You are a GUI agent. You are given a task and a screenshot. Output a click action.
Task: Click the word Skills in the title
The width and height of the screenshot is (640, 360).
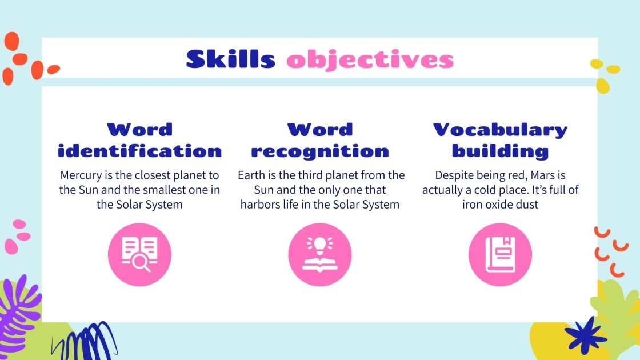tap(230, 59)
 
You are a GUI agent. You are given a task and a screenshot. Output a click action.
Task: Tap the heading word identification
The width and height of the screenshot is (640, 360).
tap(140, 151)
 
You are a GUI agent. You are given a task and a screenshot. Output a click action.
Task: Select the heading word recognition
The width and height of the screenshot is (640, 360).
tap(320, 151)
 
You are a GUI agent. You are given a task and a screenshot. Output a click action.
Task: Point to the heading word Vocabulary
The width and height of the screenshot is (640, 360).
tap(500, 130)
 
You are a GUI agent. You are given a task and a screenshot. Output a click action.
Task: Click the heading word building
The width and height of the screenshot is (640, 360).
tap(500, 151)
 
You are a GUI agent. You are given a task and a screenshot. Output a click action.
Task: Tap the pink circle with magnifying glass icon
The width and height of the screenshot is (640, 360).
tap(140, 254)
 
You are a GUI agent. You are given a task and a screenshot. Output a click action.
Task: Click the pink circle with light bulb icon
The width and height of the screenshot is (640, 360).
tap(320, 254)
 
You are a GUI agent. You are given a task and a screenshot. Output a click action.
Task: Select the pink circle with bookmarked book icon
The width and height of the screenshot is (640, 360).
tap(500, 254)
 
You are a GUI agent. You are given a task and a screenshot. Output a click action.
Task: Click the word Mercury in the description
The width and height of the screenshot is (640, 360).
tap(81, 175)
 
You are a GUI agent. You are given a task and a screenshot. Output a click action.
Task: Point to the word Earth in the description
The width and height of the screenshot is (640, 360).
tap(252, 175)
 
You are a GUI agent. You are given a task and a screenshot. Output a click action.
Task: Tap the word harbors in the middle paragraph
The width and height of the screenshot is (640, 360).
tap(261, 204)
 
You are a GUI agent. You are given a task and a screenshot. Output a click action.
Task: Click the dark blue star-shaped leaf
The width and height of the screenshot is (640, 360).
tap(585, 335)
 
